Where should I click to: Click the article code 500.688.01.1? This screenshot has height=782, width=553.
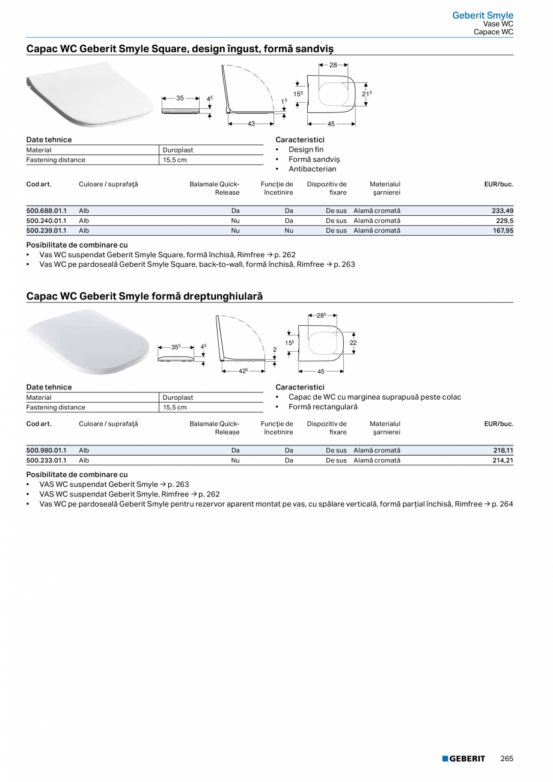[46, 211]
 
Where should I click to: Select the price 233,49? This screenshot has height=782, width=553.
[502, 211]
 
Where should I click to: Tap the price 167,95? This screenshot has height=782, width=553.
[502, 230]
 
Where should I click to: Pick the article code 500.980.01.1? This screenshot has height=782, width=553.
[46, 450]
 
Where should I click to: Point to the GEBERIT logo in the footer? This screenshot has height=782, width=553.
[463, 759]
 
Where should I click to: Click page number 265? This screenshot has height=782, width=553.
[507, 759]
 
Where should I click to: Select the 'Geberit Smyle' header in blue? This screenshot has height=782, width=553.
[483, 16]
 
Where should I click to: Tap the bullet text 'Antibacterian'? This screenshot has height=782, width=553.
[312, 169]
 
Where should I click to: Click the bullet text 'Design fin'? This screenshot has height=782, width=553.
[305, 150]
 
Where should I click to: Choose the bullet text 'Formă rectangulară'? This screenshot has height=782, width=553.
[323, 407]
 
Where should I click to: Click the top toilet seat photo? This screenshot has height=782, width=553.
[90, 99]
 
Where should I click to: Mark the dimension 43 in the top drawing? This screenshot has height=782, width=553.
[251, 124]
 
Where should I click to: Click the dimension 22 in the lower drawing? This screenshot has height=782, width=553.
[353, 343]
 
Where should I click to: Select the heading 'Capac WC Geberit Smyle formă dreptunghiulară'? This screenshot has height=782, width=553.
[144, 296]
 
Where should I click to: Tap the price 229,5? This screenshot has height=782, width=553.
[504, 221]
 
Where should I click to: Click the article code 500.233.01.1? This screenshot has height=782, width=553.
[46, 460]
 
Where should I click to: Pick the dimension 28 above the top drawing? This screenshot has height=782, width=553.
[333, 65]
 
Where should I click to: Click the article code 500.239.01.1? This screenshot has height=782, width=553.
[46, 230]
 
